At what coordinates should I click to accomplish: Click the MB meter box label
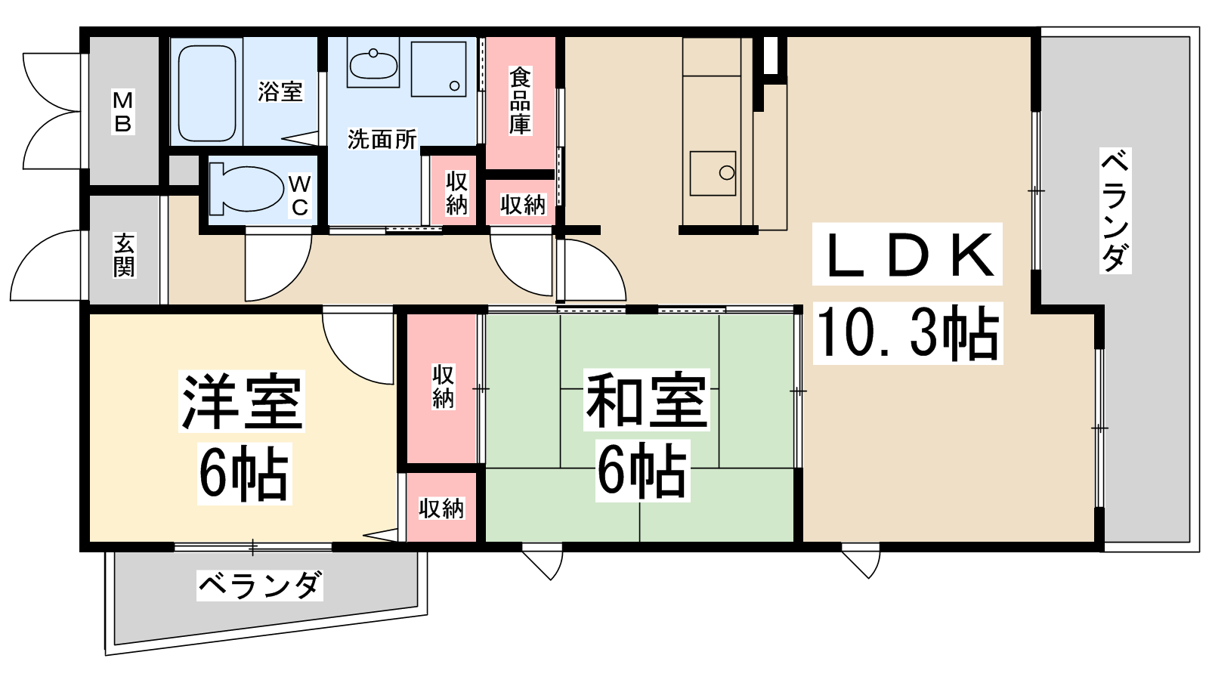click(x=123, y=113)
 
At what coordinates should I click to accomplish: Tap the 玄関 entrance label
click(x=124, y=255)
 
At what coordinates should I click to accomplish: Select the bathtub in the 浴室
click(x=207, y=94)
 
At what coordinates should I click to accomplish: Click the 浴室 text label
click(x=280, y=91)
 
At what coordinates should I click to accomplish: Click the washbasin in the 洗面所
click(x=373, y=63)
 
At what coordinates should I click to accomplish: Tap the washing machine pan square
click(x=438, y=69)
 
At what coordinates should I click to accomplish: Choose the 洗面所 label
click(x=382, y=139)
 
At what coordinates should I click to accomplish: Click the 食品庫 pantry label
click(x=521, y=100)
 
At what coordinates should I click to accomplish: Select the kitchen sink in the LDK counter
click(x=713, y=173)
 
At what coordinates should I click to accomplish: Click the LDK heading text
click(x=908, y=254)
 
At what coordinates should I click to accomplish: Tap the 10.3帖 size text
click(x=908, y=333)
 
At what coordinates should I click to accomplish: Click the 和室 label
click(x=646, y=400)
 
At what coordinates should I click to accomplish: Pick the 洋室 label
click(x=242, y=401)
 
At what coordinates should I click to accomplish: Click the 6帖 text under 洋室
click(x=245, y=474)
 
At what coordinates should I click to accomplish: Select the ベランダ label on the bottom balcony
click(x=260, y=585)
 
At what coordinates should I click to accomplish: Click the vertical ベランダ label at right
click(x=1115, y=211)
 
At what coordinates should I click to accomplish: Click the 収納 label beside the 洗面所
click(x=456, y=193)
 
